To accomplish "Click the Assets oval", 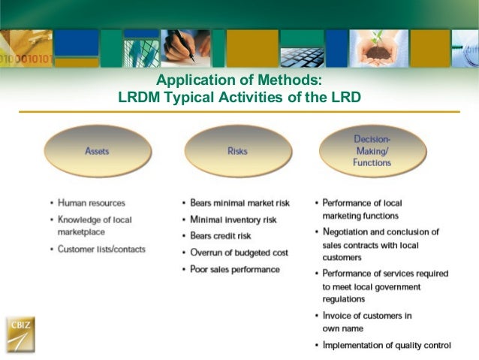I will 97,151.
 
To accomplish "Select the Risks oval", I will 237,151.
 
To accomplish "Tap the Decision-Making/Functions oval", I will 372,150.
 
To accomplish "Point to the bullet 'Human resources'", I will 92,203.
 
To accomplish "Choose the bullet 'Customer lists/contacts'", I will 101,249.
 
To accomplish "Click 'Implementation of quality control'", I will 387,345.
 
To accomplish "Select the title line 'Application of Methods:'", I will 239,81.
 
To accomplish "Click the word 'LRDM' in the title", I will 137,97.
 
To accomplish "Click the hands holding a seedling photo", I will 378,47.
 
